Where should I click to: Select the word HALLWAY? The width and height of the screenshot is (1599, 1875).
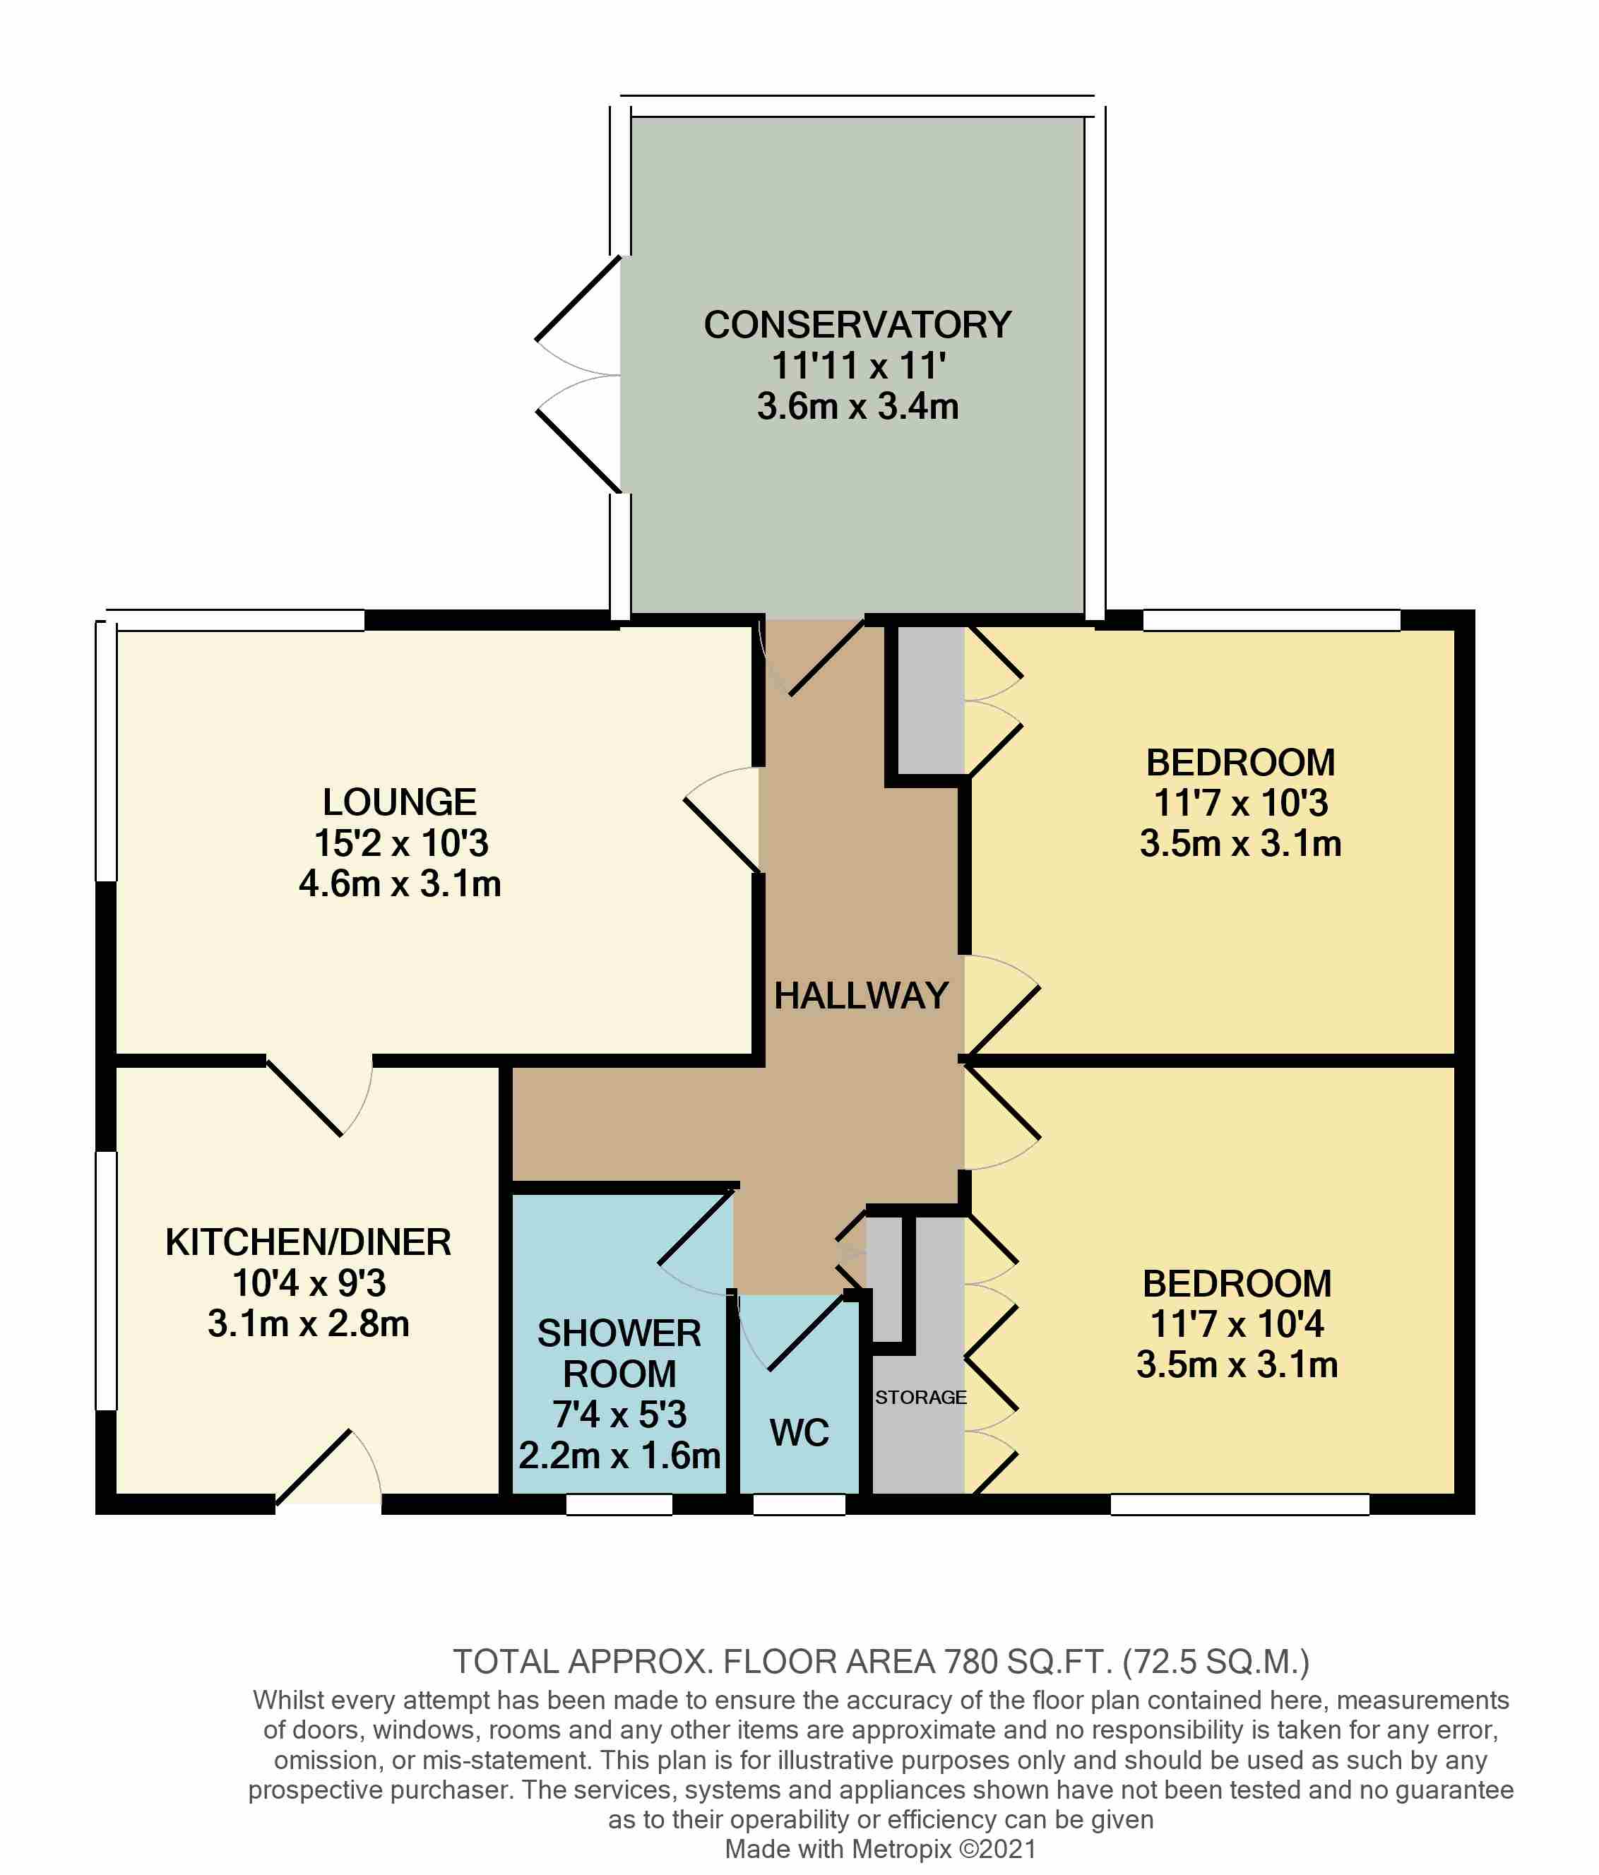pos(860,996)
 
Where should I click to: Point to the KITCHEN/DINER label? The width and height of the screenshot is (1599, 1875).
pos(308,1242)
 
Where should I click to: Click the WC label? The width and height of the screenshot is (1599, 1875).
pos(799,1432)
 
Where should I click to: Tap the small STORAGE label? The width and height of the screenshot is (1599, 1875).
pos(920,1397)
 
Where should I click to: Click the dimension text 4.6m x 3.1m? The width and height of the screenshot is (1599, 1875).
pos(399,883)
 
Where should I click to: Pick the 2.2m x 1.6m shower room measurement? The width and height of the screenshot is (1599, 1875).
pos(619,1455)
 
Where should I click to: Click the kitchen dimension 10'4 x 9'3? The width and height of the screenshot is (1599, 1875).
pos(309,1283)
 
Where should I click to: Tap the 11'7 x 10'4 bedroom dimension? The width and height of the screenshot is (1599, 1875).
pos(1236,1324)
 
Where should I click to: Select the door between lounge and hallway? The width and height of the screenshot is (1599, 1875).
pos(722,820)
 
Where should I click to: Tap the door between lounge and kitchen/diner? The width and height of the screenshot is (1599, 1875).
pos(319,1095)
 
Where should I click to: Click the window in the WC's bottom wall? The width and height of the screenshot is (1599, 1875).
pos(799,1505)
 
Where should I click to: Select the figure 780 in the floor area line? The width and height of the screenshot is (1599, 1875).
pos(971,1662)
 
